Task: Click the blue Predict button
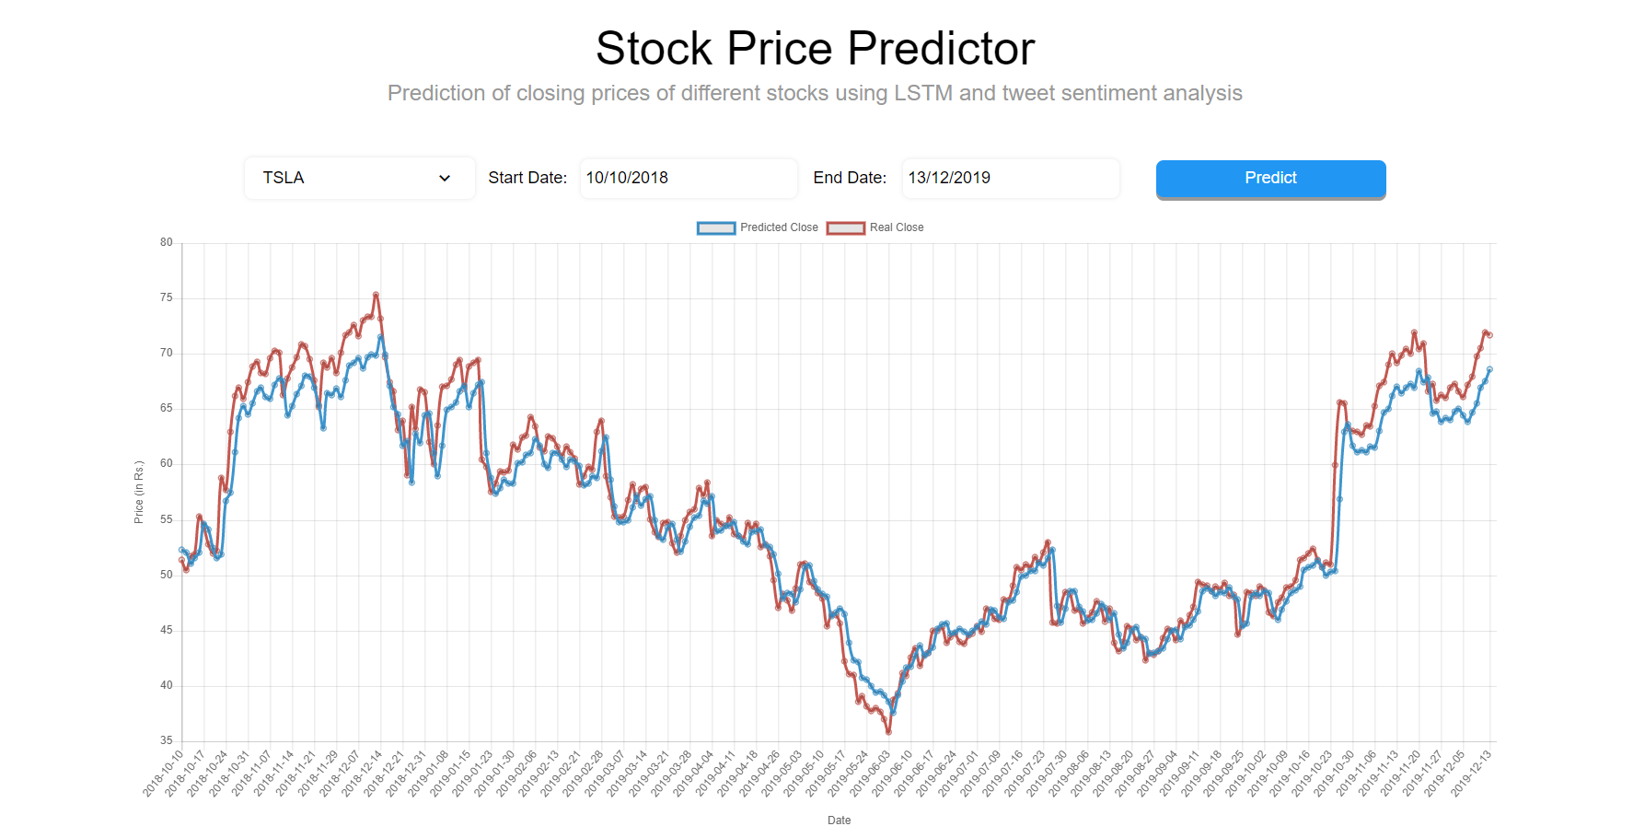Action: pyautogui.click(x=1270, y=179)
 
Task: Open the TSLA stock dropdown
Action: pyautogui.click(x=359, y=178)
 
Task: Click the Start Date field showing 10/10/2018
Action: pyautogui.click(x=688, y=178)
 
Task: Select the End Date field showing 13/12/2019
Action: pyautogui.click(x=1010, y=178)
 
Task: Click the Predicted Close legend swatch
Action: pyautogui.click(x=716, y=227)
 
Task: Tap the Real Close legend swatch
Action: pyautogui.click(x=845, y=227)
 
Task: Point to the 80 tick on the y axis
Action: pyautogui.click(x=167, y=242)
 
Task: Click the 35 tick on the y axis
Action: pyautogui.click(x=167, y=740)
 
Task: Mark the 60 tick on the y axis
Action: pyautogui.click(x=167, y=463)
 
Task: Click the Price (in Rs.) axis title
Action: pyautogui.click(x=139, y=493)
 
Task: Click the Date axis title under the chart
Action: pyautogui.click(x=839, y=821)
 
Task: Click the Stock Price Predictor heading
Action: pyautogui.click(x=815, y=48)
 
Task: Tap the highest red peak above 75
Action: pyautogui.click(x=376, y=295)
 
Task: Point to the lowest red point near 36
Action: pyautogui.click(x=888, y=732)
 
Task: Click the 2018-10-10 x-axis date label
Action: pyautogui.click(x=165, y=773)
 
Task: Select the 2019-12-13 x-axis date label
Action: pyautogui.click(x=1471, y=773)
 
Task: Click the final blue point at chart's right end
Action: pyautogui.click(x=1489, y=369)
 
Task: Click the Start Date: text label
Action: pyautogui.click(x=527, y=178)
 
